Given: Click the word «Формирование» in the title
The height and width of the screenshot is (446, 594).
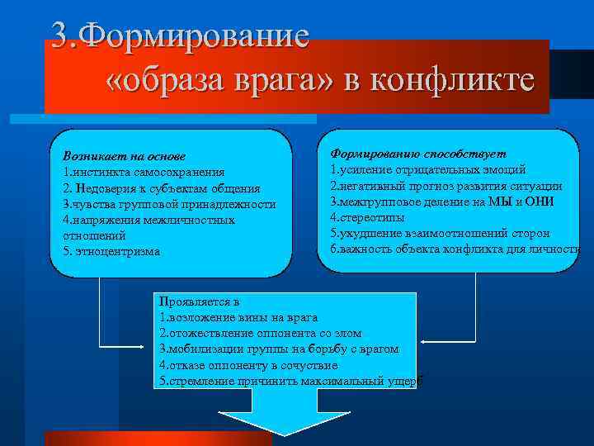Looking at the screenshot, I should [198, 36].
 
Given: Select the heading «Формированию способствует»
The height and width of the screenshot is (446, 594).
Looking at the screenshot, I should [418, 154].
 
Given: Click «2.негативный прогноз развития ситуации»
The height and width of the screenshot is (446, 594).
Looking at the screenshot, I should [446, 186].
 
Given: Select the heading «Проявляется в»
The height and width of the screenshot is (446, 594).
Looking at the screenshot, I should [199, 301].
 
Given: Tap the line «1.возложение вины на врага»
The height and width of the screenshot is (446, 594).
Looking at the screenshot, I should [238, 317].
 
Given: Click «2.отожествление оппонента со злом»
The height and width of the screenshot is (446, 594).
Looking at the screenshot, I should [260, 333].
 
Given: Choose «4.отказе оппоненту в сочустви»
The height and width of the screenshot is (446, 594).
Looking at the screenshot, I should [248, 364].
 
